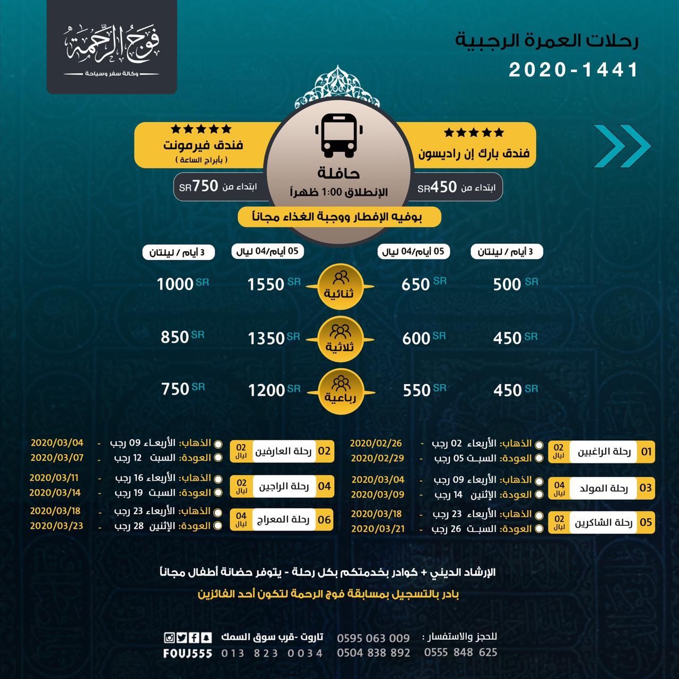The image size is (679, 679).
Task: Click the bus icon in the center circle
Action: pyautogui.click(x=339, y=136)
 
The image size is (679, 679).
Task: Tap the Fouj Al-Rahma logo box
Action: pyautogui.click(x=112, y=47)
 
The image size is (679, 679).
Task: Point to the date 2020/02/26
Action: pyautogui.click(x=376, y=443)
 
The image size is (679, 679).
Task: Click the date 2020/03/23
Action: pyautogui.click(x=56, y=526)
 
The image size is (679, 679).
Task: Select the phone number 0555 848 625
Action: pyautogui.click(x=460, y=652)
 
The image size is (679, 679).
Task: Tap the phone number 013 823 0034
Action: pyautogui.click(x=272, y=653)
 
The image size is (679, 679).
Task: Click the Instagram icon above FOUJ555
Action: pyautogui.click(x=169, y=638)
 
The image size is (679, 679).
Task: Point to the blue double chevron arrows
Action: pyautogui.click(x=621, y=146)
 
